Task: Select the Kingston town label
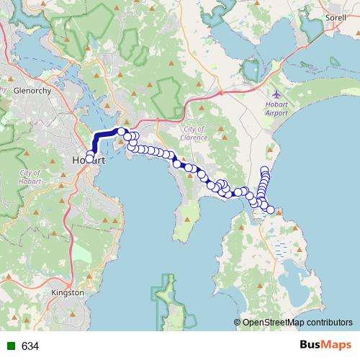click(x=69, y=293)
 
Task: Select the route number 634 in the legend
click(x=30, y=346)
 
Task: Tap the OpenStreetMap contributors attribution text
click(x=297, y=323)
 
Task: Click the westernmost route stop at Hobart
click(x=89, y=158)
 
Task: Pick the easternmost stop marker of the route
click(x=271, y=210)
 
